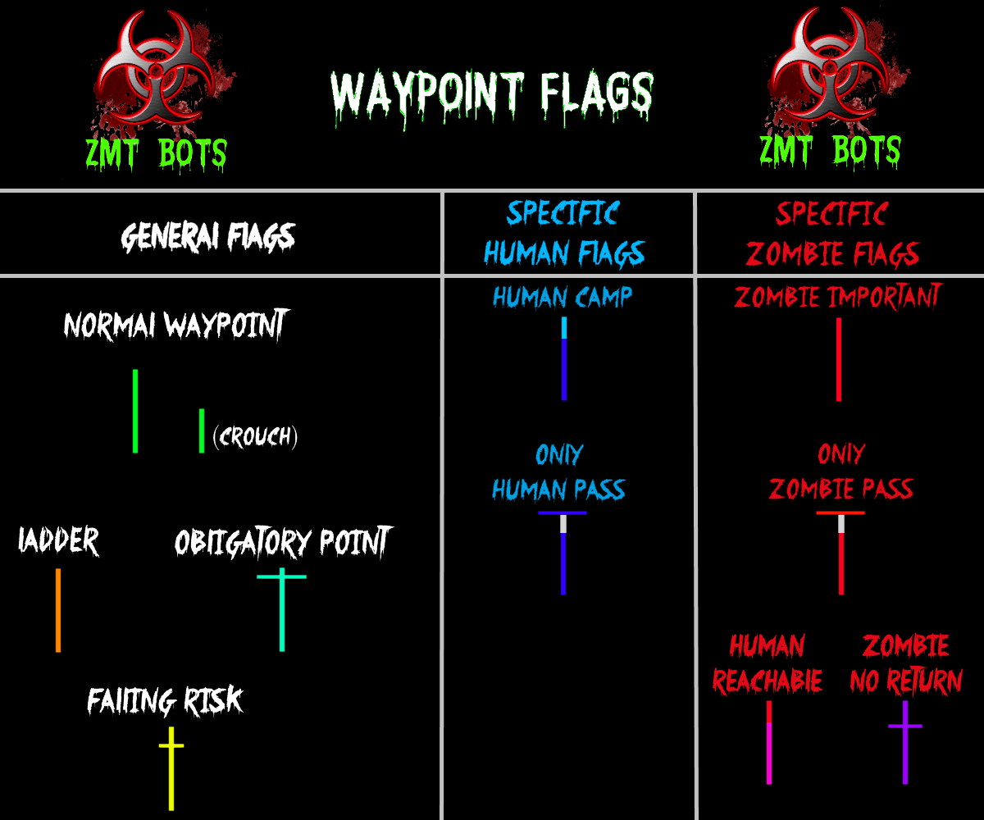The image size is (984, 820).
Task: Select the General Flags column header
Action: pos(207,237)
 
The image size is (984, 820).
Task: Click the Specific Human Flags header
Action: pos(564,235)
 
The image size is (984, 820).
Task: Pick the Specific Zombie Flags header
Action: pos(832,235)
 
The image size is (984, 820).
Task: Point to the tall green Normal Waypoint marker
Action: pos(135,411)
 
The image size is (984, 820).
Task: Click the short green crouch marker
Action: pos(202,430)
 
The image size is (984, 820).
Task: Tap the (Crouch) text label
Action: pos(254,436)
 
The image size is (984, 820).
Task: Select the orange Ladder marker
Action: pos(58,610)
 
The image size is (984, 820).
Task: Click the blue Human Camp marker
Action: pos(564,358)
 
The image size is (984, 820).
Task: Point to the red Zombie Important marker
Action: pos(838,359)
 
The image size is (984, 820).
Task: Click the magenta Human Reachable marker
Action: pos(769,742)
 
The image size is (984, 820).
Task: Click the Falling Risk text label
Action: pos(165,701)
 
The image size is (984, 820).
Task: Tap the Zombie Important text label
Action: pos(838,297)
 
